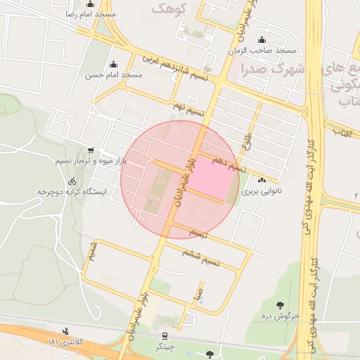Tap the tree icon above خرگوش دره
[281, 304]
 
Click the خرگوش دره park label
[281, 316]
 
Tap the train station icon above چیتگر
[165, 335]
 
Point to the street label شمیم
[93, 250]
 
